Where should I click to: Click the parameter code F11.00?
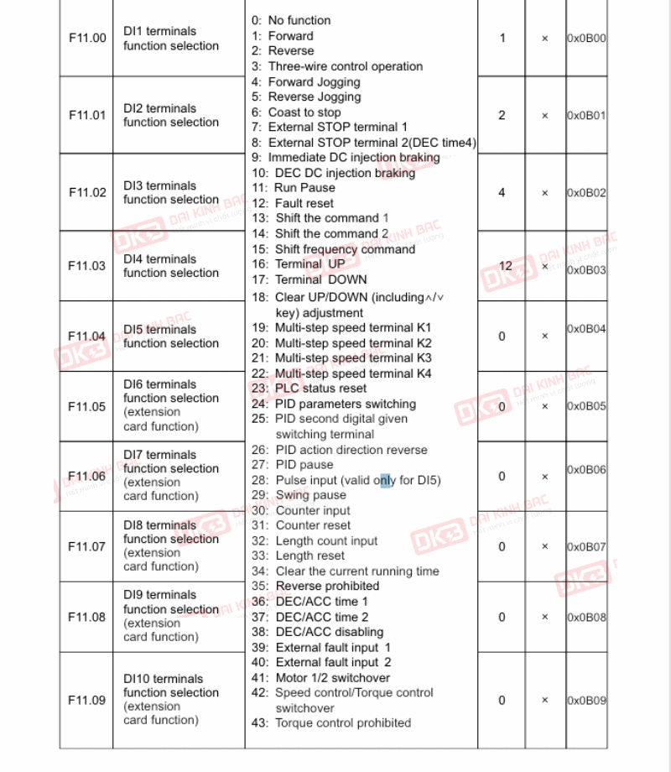87,39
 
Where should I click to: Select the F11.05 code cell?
87,407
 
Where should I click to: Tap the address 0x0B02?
586,193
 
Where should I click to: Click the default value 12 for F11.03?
505,266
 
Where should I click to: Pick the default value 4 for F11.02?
502,193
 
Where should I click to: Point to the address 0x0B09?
586,701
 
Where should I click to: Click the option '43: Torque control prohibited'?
331,722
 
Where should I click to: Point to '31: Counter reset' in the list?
301,525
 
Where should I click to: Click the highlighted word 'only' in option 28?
385,481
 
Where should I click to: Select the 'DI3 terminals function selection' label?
171,193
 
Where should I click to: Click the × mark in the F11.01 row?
544,116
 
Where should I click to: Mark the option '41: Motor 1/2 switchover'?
320,677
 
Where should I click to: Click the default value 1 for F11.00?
502,39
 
